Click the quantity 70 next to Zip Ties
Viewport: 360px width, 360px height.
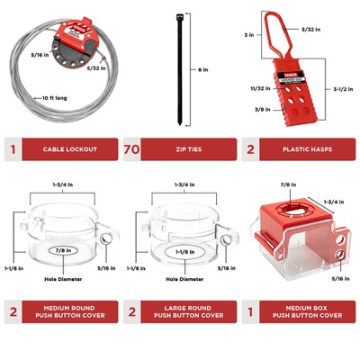[132, 149]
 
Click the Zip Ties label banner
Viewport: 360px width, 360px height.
[190, 149]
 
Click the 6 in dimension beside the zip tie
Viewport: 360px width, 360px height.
[206, 70]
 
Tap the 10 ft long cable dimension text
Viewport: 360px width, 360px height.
[53, 96]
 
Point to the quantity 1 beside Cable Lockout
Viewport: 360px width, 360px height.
[13, 149]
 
